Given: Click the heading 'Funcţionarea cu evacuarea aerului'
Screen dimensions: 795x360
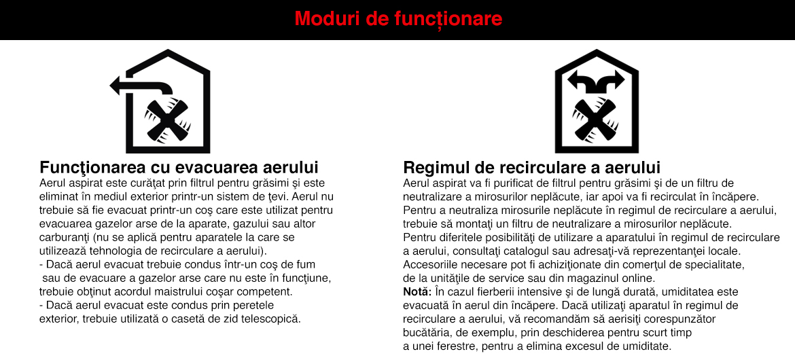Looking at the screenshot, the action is [179, 168].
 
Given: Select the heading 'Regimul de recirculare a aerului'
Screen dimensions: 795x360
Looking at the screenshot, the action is [532, 168].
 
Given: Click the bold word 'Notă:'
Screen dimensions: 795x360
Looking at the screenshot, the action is [417, 292].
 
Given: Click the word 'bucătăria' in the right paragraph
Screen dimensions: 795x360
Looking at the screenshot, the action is [426, 333].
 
